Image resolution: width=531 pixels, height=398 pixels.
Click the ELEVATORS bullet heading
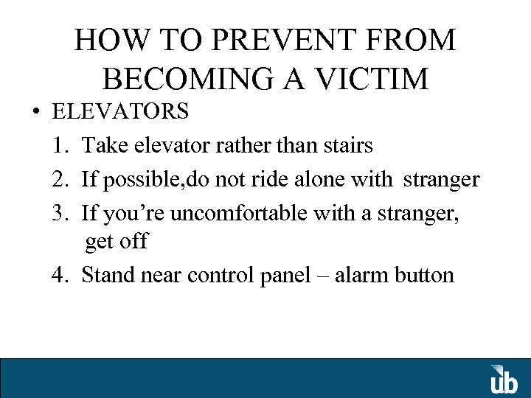click(x=120, y=112)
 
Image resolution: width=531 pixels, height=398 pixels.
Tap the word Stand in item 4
click(x=103, y=275)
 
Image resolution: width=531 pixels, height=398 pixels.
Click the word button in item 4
click(x=425, y=275)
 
